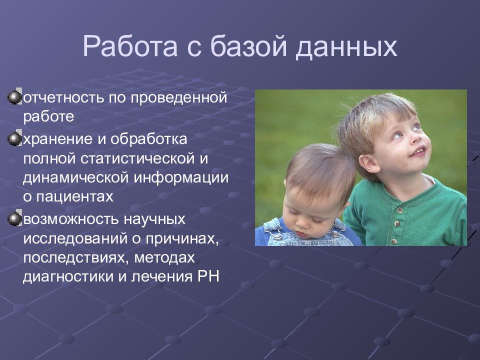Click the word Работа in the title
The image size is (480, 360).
(130, 46)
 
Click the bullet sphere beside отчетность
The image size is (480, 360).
(14, 97)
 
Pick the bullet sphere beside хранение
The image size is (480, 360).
(14, 139)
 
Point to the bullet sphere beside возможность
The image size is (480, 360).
(14, 219)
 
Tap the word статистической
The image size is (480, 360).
(138, 158)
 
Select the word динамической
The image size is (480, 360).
(76, 178)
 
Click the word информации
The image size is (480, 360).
(181, 178)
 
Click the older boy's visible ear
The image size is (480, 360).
(369, 164)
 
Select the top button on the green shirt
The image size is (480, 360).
(399, 210)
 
